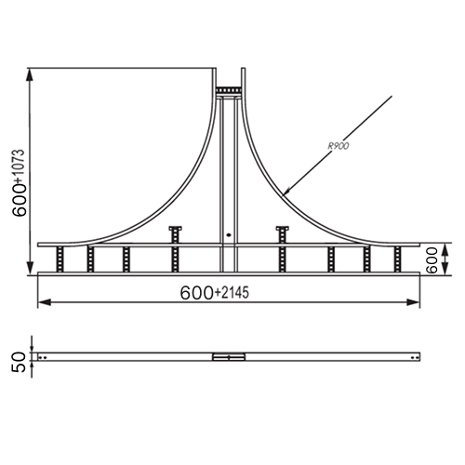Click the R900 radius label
tap(339, 146)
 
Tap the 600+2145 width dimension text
tap(215, 293)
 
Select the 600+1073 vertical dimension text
tap(19, 183)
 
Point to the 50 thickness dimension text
tap(19, 362)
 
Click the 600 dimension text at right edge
tap(432, 260)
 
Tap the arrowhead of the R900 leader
tap(286, 193)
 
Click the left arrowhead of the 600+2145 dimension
tap(44, 302)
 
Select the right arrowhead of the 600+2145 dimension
tap(414, 302)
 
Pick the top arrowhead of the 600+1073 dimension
tap(30, 74)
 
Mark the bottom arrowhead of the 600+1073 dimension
tap(30, 268)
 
